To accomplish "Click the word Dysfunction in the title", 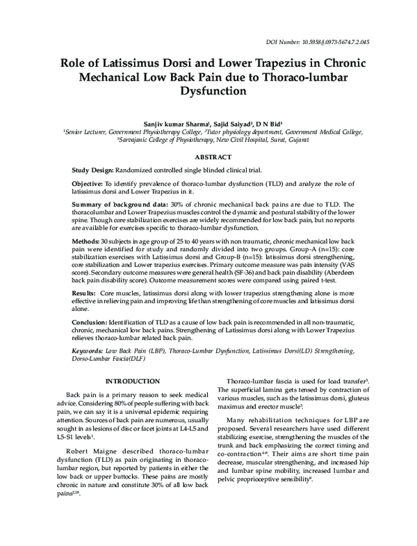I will click(208, 90).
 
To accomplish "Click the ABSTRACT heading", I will click(208, 159).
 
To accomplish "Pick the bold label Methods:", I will click(86, 239).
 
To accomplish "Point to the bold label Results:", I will click(85, 294).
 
